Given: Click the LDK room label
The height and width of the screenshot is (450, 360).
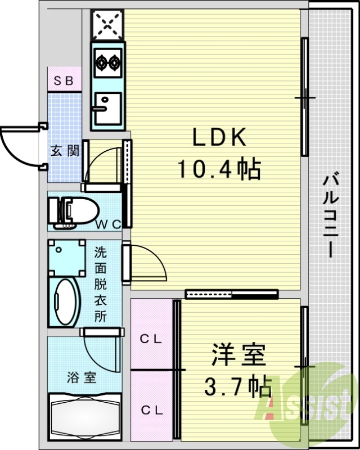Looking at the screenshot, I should [220, 138].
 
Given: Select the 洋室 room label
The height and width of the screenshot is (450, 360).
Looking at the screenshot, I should [238, 356].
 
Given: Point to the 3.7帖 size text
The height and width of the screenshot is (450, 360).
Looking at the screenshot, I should [237, 386].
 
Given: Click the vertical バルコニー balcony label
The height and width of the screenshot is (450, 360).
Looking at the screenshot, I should [331, 217].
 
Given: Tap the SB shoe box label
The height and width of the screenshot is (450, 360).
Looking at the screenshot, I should [64, 80].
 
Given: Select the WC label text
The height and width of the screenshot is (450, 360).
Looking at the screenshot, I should [108, 224].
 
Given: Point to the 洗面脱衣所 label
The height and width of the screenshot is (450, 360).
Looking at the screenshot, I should [100, 284].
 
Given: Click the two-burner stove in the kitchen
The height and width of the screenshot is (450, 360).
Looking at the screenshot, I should [107, 62].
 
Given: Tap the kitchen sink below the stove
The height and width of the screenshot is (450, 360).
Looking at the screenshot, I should [107, 107].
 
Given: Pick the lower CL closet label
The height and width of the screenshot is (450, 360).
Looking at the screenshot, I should [151, 411].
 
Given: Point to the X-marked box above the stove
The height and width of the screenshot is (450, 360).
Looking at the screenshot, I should [107, 24].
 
